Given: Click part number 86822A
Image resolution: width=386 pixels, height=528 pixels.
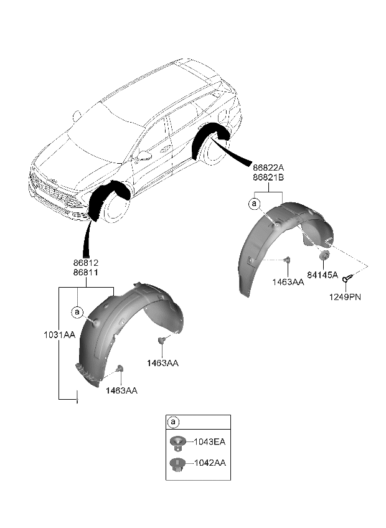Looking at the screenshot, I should (x=268, y=167).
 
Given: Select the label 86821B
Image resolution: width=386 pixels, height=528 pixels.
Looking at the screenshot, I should (x=268, y=177).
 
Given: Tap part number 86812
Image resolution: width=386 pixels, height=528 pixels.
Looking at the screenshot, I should (x=87, y=263).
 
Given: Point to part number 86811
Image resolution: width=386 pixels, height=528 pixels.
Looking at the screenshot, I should (x=87, y=273).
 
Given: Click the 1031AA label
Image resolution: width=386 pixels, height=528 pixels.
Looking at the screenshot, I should (x=59, y=335).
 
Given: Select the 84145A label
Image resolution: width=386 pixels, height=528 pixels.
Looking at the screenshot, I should (x=322, y=275).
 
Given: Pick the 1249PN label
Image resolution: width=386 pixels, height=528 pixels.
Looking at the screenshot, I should (x=346, y=296).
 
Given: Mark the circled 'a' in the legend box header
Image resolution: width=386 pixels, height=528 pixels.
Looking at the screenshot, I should (x=173, y=422).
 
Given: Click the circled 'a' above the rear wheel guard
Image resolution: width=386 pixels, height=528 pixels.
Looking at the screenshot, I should (x=253, y=204).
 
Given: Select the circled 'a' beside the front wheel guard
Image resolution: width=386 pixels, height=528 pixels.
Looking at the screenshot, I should (x=77, y=311).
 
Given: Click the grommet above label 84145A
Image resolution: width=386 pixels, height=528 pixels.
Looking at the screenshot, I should (x=324, y=256).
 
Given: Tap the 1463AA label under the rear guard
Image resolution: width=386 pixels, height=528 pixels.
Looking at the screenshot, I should (x=288, y=282).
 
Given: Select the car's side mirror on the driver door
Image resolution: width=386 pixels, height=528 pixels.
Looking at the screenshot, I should (x=144, y=155).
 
